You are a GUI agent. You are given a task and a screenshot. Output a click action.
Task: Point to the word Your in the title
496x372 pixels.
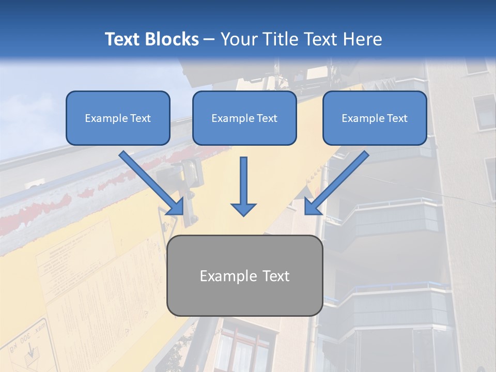237,39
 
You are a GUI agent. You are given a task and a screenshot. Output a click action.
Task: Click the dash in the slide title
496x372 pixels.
209,40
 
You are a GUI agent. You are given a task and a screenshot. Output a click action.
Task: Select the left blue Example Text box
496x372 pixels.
118,118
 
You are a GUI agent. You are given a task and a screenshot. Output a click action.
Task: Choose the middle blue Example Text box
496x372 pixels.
244,118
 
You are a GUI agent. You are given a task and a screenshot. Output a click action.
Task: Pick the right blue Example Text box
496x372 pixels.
375,118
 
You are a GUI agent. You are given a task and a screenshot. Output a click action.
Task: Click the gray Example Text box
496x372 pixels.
244,275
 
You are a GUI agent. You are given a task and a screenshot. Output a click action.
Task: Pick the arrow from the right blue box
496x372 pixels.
336,183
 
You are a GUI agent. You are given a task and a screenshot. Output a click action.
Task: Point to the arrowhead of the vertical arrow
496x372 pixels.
243,209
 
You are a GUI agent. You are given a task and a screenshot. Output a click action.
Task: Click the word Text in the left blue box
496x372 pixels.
139,118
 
